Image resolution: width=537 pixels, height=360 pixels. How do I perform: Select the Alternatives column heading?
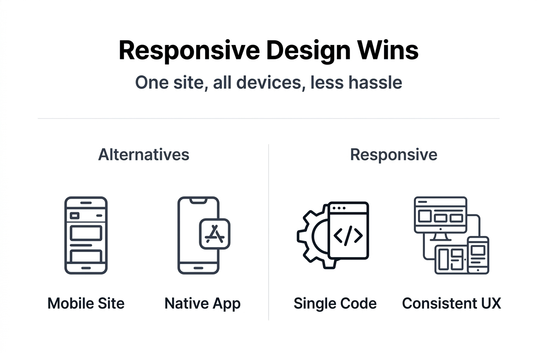144,155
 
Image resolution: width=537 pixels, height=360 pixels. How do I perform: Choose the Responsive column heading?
393,155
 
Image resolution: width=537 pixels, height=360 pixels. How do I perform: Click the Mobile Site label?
86,304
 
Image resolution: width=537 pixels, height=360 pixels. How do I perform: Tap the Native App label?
202,304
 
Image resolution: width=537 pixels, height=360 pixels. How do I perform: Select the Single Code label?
335,304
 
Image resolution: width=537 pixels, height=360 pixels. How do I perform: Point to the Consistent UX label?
451,304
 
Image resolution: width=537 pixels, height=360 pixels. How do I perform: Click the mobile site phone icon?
86,235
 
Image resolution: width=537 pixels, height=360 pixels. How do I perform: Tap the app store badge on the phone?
215,234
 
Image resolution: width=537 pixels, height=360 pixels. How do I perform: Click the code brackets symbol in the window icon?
348,236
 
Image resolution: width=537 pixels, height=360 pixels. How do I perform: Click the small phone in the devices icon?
478,255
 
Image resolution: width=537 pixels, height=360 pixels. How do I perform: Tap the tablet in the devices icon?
451,260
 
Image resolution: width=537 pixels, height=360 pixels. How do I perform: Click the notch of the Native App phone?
198,200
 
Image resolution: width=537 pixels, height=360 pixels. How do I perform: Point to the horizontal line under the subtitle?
268,118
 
